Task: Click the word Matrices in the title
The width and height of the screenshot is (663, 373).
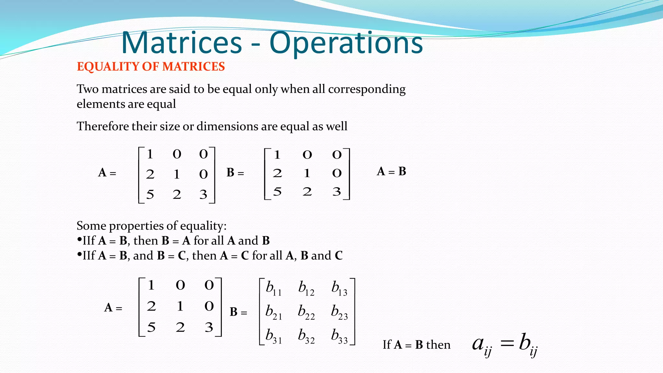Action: click(x=182, y=43)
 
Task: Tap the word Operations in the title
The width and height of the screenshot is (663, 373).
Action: click(x=346, y=43)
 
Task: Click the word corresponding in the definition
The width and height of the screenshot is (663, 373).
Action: click(x=366, y=89)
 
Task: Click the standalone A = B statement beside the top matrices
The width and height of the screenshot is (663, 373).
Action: click(x=391, y=171)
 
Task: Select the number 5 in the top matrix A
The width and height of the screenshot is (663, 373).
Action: click(x=150, y=194)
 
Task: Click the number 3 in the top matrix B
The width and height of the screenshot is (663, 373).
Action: click(x=337, y=192)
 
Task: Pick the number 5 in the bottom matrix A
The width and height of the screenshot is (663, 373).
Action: click(x=151, y=327)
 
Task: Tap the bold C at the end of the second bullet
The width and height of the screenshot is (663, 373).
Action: click(x=339, y=256)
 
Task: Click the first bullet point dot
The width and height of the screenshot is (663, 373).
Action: click(x=79, y=240)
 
